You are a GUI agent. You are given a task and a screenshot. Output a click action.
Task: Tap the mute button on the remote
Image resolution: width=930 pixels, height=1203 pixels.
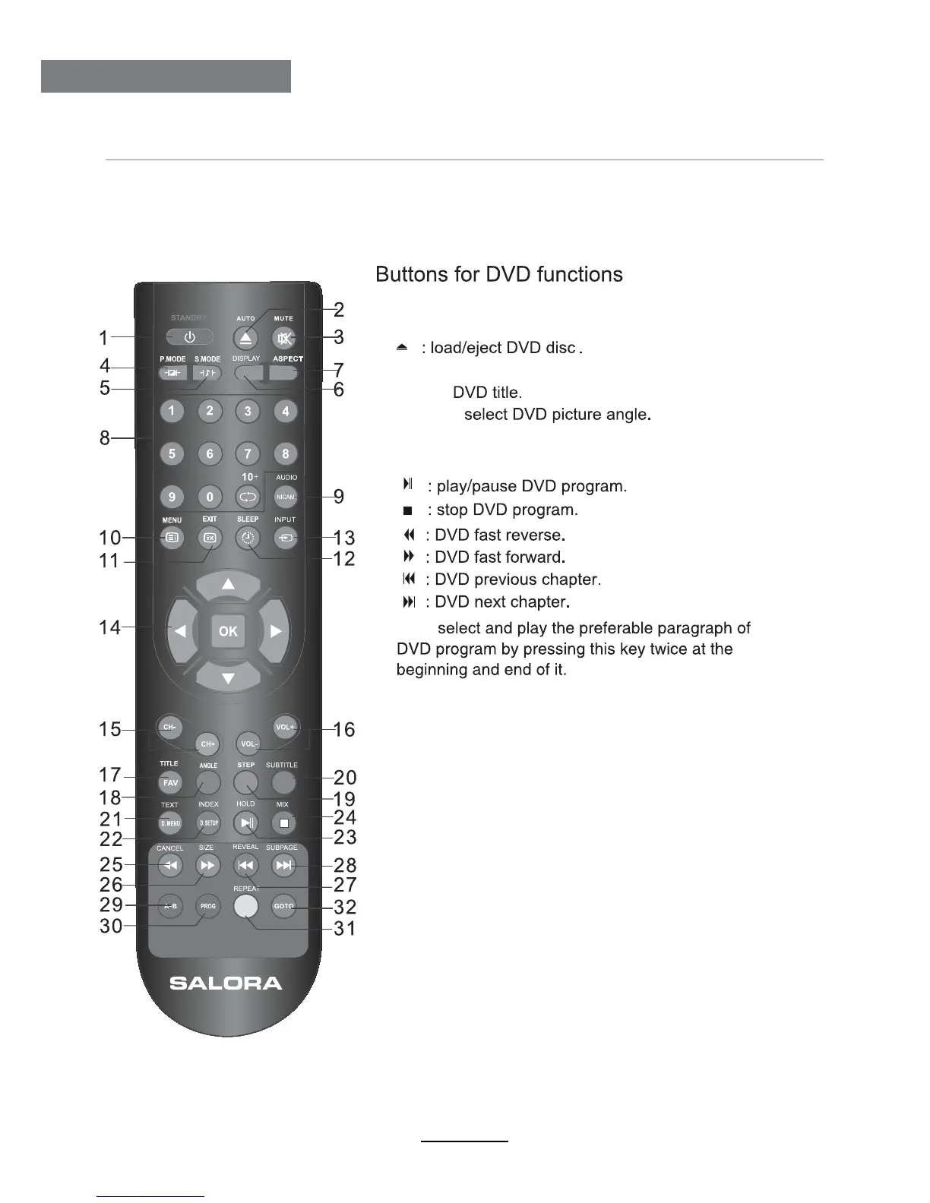click(284, 338)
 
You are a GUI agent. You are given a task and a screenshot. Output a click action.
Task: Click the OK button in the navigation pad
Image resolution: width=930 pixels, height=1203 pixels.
click(228, 630)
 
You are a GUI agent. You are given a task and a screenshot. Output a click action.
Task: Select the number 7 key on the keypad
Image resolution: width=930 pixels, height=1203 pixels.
click(248, 454)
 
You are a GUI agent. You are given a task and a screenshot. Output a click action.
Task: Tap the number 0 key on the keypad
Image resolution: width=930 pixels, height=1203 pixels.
click(210, 497)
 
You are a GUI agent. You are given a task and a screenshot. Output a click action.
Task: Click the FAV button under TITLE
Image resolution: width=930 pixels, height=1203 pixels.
click(170, 783)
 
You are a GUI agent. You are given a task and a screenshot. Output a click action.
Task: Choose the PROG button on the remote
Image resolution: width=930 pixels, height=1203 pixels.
click(208, 906)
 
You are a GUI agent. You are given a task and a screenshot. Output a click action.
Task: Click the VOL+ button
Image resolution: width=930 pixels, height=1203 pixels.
click(285, 727)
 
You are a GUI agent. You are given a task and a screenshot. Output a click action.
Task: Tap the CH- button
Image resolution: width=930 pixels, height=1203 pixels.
click(169, 727)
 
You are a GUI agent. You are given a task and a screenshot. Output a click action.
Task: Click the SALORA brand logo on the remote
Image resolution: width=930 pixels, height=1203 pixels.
click(226, 983)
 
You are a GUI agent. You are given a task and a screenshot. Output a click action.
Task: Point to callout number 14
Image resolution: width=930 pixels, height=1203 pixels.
click(110, 627)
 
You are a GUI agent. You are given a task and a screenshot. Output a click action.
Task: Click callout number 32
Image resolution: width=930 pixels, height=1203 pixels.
click(344, 907)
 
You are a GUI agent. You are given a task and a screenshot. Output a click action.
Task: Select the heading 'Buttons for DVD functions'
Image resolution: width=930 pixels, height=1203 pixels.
click(499, 274)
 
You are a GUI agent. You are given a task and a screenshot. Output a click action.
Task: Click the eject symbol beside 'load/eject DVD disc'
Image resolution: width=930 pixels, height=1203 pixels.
click(402, 348)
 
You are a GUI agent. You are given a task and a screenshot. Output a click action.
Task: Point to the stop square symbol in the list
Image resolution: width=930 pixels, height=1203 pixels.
click(408, 510)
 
